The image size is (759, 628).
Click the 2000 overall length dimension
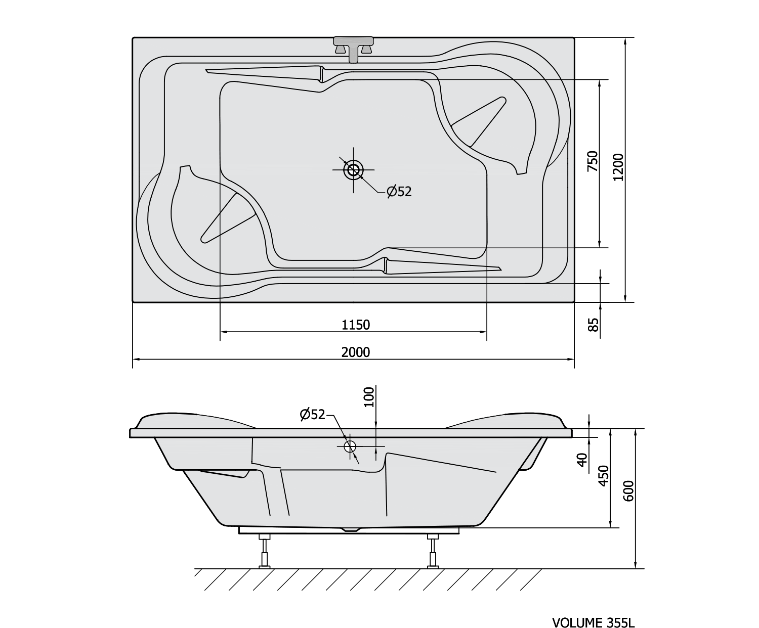click(356, 352)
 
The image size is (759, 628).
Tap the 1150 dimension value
click(356, 325)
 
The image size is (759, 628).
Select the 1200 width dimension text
click(618, 167)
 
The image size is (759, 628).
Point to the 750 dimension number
click(592, 161)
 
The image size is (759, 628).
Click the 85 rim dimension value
click(593, 324)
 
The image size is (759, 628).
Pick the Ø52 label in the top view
click(399, 192)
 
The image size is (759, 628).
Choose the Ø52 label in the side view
click(313, 414)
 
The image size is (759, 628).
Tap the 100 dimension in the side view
click(368, 397)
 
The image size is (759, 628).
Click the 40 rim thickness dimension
click(582, 460)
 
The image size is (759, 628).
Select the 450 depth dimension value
click(604, 476)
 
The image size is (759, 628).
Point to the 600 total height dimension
click(628, 491)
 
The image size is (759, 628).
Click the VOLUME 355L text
click(593, 622)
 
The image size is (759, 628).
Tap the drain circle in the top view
click(353, 170)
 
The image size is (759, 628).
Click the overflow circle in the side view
click(350, 446)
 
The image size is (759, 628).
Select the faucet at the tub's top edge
click(353, 49)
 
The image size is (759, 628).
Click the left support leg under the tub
click(264, 551)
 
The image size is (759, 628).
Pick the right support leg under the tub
click(433, 551)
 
